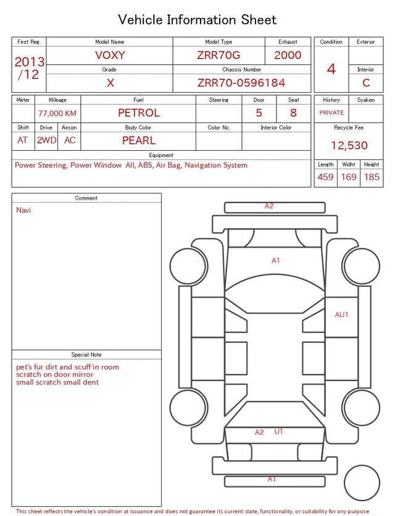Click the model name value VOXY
coord(110,55)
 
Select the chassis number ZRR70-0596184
coord(241,83)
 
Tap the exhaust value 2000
coord(288,55)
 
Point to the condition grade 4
coord(331,69)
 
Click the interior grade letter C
coord(366,83)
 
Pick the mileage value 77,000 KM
coord(57,114)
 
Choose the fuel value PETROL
coord(139,112)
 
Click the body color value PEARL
coord(139,140)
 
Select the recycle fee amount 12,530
coord(349,146)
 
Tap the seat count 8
coord(293,112)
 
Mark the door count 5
coord(259,112)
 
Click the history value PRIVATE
coord(331,113)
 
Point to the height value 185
coord(372,177)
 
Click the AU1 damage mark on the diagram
coord(342,315)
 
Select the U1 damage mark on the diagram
coord(279,431)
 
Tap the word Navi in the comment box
coord(23,210)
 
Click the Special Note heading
coord(86,355)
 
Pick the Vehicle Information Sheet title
coord(197,20)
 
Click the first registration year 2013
coord(29,62)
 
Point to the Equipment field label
coord(161,155)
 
